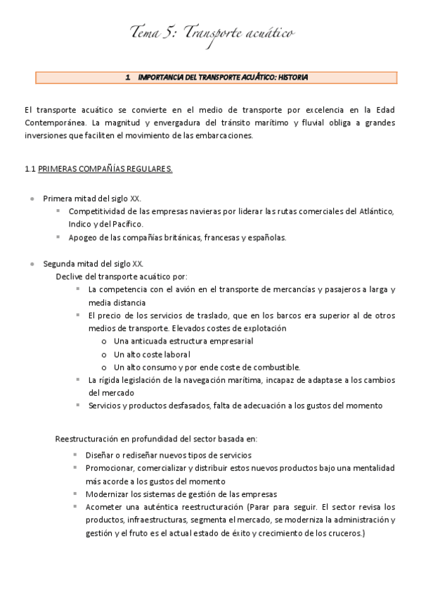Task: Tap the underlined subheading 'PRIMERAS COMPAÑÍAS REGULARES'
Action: tap(105, 169)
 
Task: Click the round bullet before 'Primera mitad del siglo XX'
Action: tap(32, 199)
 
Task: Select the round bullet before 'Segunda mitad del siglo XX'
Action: tap(32, 264)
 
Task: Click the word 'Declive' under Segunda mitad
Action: tap(70, 276)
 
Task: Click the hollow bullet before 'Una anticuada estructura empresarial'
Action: tap(104, 341)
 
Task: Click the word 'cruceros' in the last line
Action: tap(345, 533)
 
